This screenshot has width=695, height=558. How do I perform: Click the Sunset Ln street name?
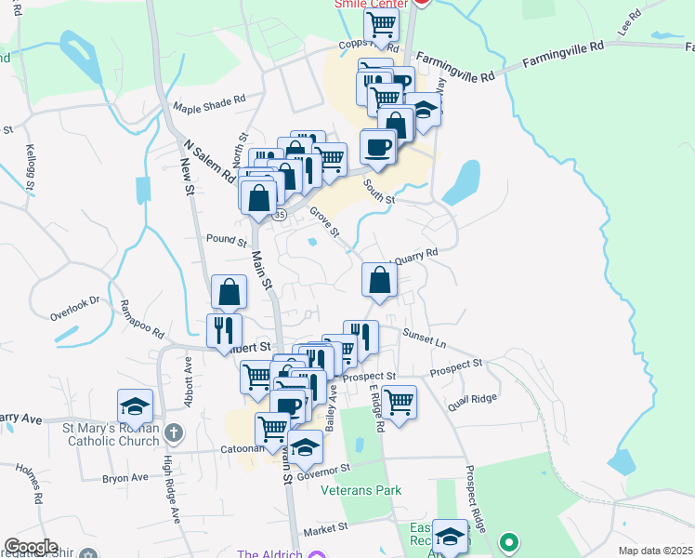click(425, 339)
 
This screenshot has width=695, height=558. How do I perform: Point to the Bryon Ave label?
click(125, 478)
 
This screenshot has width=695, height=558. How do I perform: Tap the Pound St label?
click(224, 239)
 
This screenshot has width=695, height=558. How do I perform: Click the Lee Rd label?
click(636, 17)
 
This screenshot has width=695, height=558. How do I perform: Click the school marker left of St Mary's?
click(135, 406)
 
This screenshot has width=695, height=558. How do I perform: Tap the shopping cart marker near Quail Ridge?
click(399, 403)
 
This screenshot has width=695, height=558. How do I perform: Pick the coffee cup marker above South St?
click(378, 146)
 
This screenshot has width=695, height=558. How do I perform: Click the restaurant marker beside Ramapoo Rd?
click(224, 329)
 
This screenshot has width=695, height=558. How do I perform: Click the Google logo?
click(32, 547)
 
